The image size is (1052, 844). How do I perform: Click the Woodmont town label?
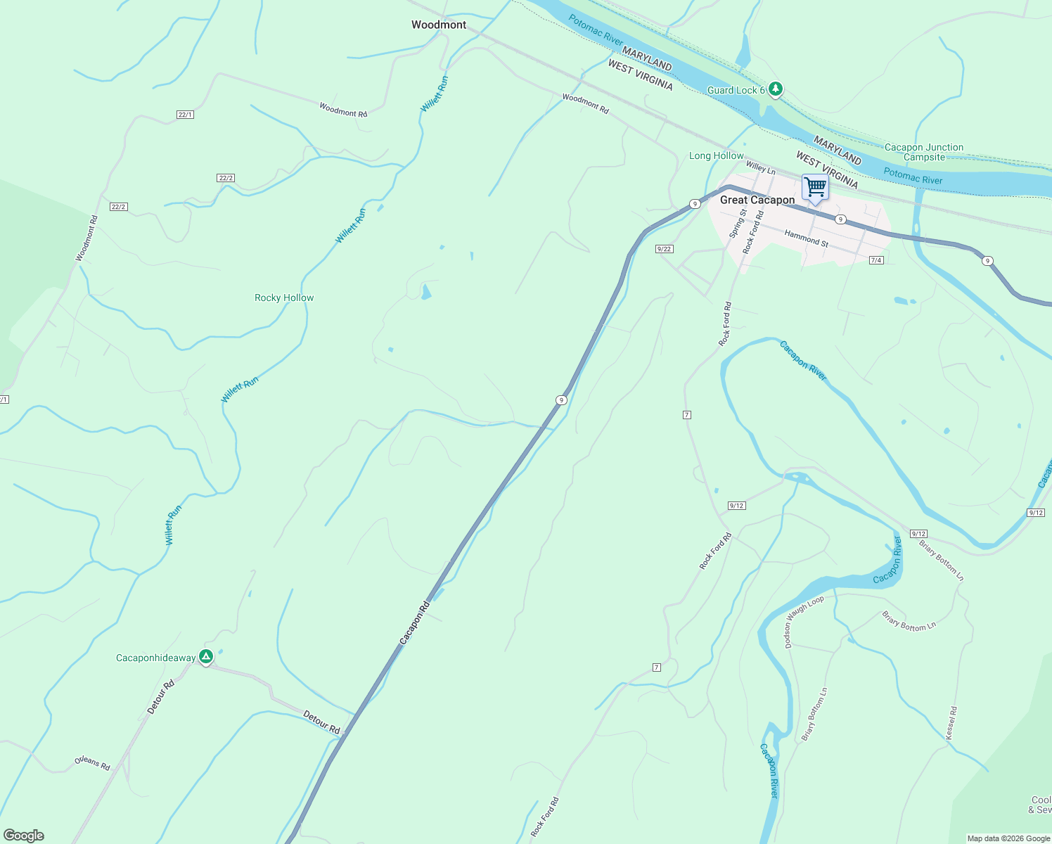(439, 25)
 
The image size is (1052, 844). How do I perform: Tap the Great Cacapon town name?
(757, 200)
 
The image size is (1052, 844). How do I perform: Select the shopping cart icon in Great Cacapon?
(815, 188)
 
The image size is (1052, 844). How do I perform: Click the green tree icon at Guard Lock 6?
(775, 89)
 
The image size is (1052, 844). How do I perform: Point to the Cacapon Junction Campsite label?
(924, 152)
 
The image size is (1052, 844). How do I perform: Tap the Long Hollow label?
(716, 155)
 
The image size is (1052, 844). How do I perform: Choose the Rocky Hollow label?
(284, 298)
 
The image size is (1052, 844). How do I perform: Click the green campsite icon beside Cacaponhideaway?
(205, 657)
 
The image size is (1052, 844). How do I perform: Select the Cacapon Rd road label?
(414, 622)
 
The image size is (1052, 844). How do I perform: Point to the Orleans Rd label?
(92, 763)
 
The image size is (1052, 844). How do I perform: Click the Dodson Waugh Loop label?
(804, 622)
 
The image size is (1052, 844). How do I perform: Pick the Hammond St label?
(806, 239)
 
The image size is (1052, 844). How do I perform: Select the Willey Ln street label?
(760, 167)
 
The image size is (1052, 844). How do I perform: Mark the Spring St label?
(738, 223)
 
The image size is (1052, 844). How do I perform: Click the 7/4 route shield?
(876, 260)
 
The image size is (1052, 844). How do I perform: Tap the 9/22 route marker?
(664, 249)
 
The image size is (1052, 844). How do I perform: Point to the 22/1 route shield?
(185, 114)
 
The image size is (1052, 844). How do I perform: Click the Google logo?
(23, 836)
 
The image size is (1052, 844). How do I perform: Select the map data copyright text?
(1008, 838)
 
